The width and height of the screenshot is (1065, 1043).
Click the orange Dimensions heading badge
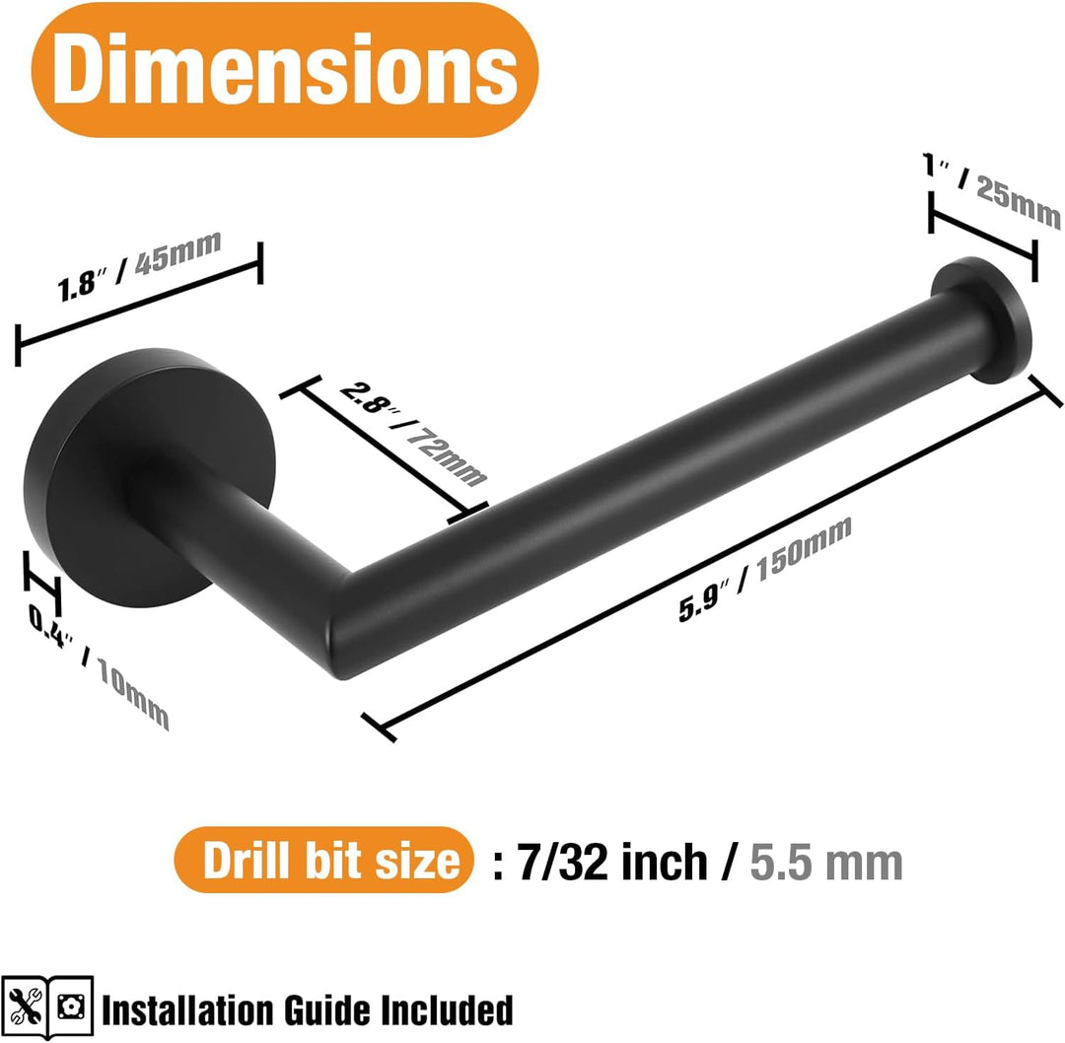tap(285, 70)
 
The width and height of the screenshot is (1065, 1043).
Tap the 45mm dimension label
tap(177, 252)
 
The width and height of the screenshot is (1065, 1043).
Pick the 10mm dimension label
tap(133, 694)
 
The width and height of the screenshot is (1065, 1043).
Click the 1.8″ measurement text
tap(82, 284)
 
